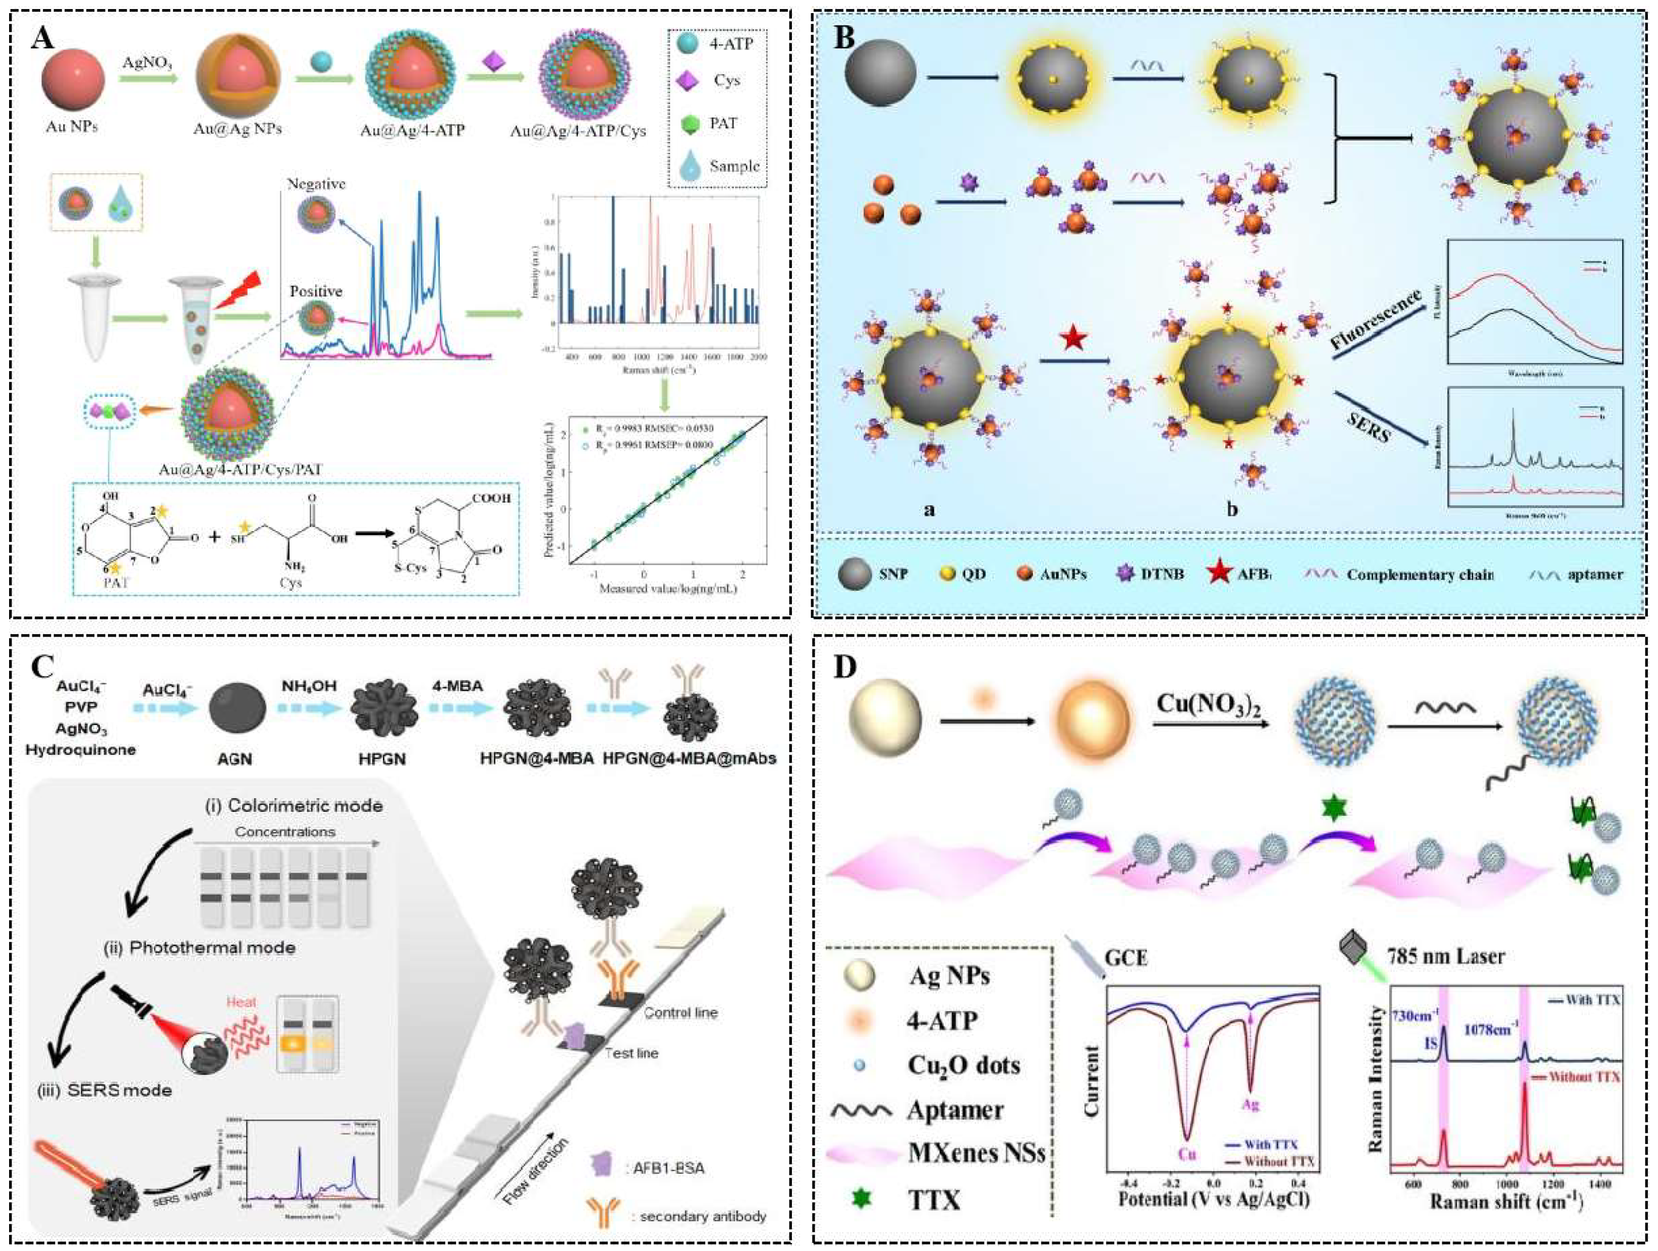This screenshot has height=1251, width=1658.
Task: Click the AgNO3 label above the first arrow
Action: (x=147, y=63)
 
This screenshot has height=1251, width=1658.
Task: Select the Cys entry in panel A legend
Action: (x=725, y=80)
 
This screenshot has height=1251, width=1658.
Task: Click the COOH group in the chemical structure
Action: (x=491, y=498)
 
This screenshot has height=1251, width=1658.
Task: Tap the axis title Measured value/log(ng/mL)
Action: (x=668, y=589)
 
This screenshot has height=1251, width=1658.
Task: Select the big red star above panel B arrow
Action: (x=1073, y=339)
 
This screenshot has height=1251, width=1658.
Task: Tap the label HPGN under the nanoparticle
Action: (x=381, y=759)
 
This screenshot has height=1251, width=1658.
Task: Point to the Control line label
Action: (x=680, y=1013)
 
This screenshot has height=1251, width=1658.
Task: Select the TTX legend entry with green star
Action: (x=933, y=1200)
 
